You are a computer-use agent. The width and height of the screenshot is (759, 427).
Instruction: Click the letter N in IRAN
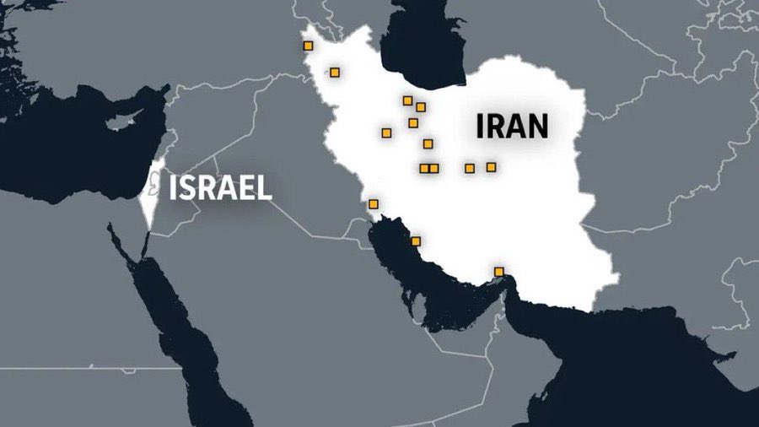536,126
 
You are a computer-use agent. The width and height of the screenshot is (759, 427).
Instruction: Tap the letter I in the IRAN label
481,126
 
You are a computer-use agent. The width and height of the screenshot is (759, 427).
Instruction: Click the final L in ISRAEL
265,187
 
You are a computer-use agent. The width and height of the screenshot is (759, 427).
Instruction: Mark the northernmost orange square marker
309,46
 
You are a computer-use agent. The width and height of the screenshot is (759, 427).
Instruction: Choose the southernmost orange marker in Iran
499,271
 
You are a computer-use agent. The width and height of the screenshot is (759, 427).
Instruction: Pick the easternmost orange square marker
491,167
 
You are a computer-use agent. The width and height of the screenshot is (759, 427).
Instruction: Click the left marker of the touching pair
424,168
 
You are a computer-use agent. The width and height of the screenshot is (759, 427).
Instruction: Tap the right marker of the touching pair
433,168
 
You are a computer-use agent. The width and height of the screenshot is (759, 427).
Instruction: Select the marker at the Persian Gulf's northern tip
374,203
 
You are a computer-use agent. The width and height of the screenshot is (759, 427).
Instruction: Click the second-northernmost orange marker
335,73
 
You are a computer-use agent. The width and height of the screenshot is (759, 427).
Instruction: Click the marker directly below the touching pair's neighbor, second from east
470,168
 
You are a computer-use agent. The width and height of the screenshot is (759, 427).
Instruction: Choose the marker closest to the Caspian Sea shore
408,100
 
